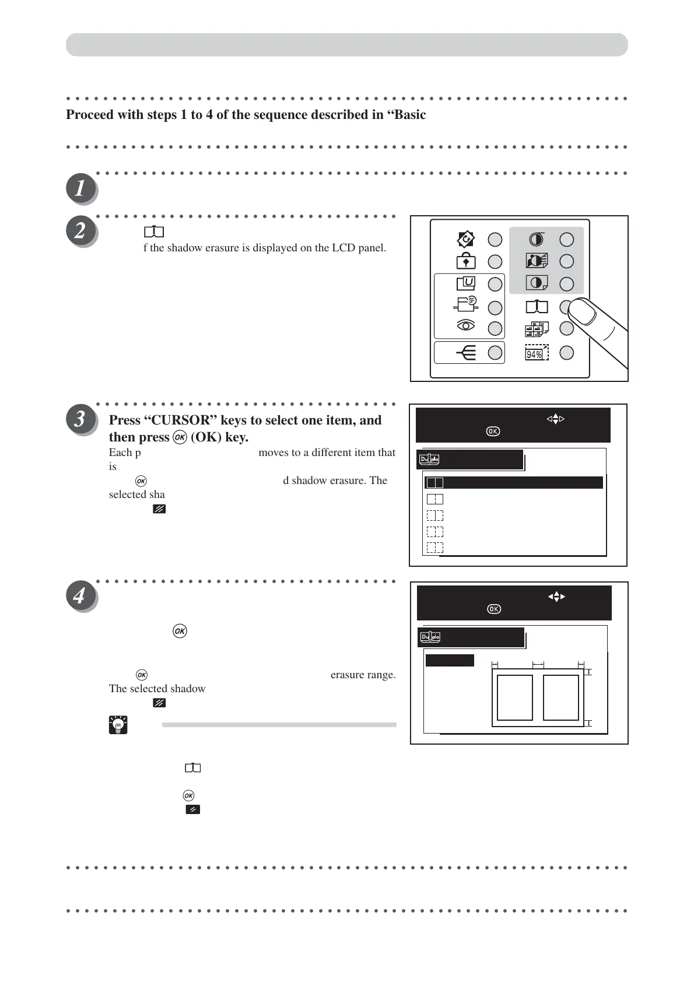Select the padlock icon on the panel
[465, 262]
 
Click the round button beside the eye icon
[495, 328]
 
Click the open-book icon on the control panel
[537, 307]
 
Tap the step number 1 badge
[80, 188]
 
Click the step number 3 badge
[80, 419]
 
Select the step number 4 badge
[80, 596]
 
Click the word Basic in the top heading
[409, 115]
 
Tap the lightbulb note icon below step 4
[118, 725]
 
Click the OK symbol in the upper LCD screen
[493, 432]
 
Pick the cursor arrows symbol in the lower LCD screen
[556, 597]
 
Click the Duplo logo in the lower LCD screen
[430, 637]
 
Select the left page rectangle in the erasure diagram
[514, 697]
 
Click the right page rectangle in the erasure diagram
[560, 697]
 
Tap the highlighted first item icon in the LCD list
[434, 483]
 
